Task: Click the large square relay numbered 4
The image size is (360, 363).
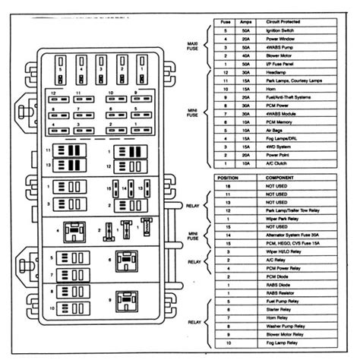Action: tap(74, 230)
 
